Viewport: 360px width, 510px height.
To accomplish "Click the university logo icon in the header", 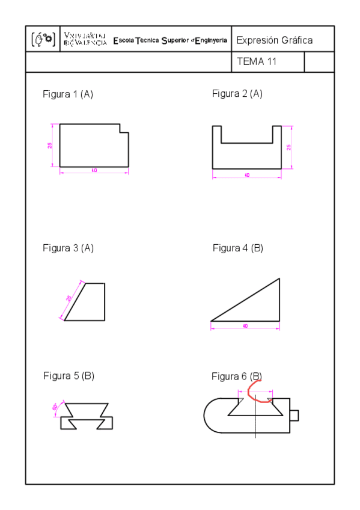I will point(42,40).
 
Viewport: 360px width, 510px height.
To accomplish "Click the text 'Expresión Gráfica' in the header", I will point(274,40).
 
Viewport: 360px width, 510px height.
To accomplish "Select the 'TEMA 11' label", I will point(257,61).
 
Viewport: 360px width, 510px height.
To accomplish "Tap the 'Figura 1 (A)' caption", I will point(68,94).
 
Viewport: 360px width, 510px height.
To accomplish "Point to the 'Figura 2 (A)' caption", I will point(237,94).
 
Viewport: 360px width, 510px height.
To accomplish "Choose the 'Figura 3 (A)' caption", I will point(68,248).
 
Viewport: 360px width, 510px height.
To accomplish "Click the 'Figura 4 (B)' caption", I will point(237,248).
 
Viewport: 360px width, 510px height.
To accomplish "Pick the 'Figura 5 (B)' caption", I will point(69,376).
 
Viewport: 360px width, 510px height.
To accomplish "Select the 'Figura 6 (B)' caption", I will point(236,376).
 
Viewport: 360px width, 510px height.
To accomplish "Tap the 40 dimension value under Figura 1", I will point(94,171).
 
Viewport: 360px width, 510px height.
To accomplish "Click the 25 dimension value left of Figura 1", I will point(50,145).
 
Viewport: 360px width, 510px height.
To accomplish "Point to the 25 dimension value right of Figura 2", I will point(289,147).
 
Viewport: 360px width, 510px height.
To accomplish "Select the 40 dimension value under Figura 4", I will point(245,325).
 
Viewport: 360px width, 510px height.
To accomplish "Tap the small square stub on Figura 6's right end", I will point(294,416).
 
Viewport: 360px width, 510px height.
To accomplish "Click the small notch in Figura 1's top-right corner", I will point(124,128).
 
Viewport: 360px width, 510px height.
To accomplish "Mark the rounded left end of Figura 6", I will point(212,416).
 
